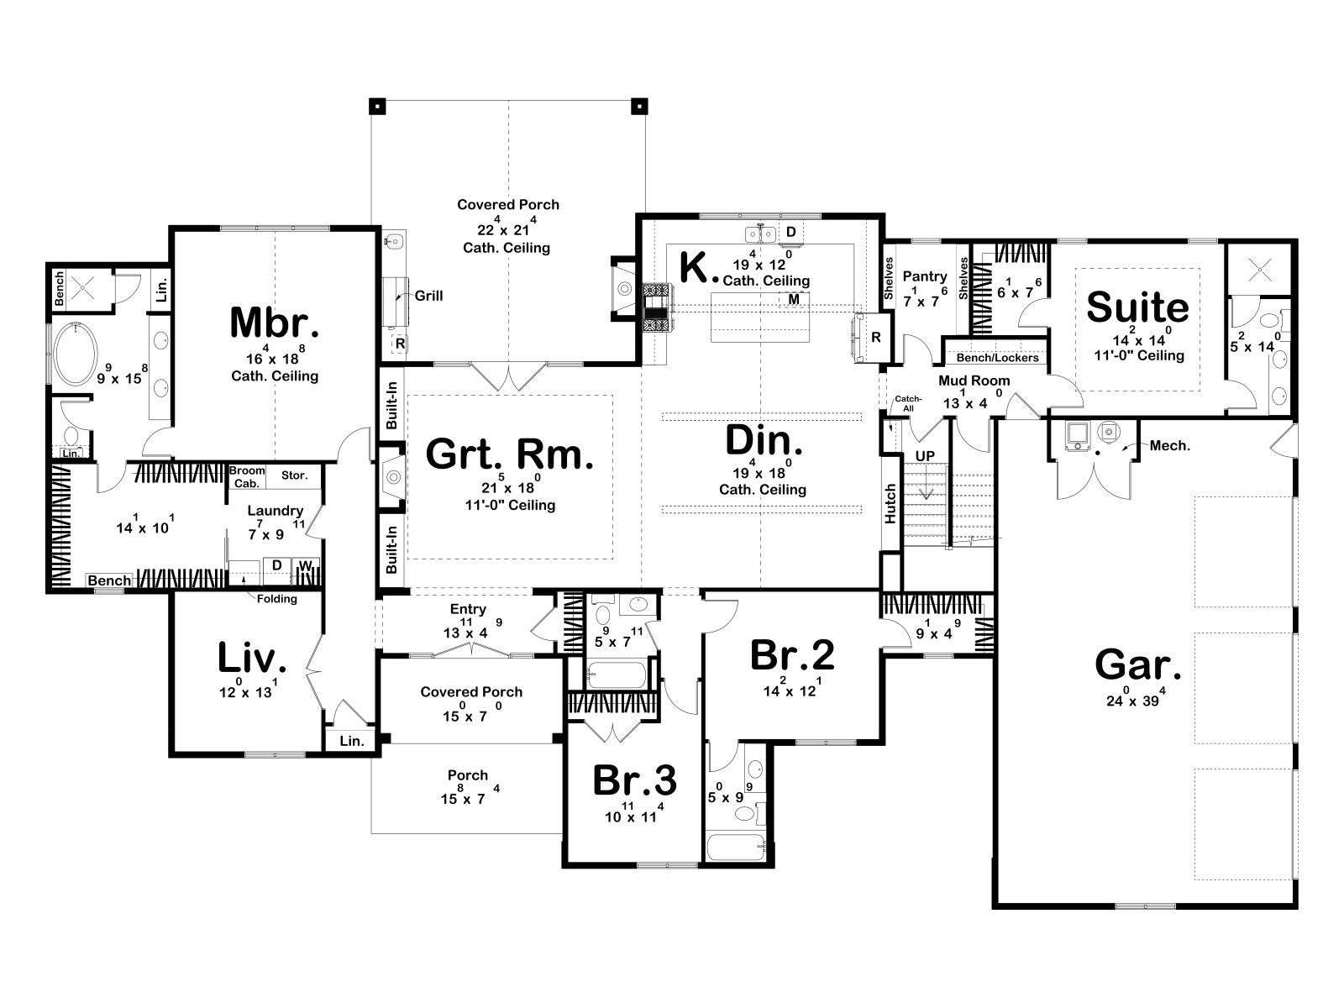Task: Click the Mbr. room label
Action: coord(275,323)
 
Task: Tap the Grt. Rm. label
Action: coord(509,454)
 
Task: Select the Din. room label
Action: coord(763,441)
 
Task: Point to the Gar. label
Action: coord(1137,664)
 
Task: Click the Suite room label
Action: coord(1137,307)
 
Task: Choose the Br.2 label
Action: coord(792,654)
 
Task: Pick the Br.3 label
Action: coord(634,780)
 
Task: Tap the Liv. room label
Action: coord(252,659)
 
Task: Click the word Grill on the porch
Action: coord(428,296)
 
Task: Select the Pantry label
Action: coord(925,276)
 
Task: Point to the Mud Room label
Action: coord(974,381)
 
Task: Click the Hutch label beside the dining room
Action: coord(890,504)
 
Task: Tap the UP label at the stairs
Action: coord(925,456)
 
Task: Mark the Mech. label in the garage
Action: coord(1169,445)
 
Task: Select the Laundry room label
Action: coord(275,511)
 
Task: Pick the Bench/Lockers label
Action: coord(997,358)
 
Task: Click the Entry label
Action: coord(468,609)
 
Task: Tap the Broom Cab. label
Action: coord(247,477)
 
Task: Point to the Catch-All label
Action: coord(908,403)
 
